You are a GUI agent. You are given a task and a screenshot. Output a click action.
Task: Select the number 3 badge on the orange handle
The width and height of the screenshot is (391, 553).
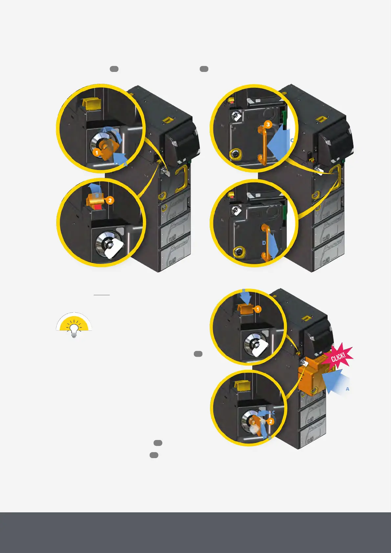(268, 124)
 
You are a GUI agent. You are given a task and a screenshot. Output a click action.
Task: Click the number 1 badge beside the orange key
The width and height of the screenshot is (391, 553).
(97, 152)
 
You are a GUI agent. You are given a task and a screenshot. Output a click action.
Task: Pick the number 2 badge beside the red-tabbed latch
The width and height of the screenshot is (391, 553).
(110, 200)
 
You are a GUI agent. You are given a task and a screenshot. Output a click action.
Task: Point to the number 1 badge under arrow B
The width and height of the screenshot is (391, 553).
(258, 309)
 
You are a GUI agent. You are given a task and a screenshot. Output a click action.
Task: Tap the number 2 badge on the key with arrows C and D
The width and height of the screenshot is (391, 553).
(271, 421)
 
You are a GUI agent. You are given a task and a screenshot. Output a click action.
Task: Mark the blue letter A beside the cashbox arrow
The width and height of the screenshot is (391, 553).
(347, 389)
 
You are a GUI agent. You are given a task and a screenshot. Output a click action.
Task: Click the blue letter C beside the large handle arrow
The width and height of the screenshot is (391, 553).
(292, 140)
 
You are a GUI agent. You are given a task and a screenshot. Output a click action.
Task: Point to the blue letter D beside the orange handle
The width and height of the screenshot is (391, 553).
(264, 243)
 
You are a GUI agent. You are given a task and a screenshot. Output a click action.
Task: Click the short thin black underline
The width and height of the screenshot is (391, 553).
(102, 295)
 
